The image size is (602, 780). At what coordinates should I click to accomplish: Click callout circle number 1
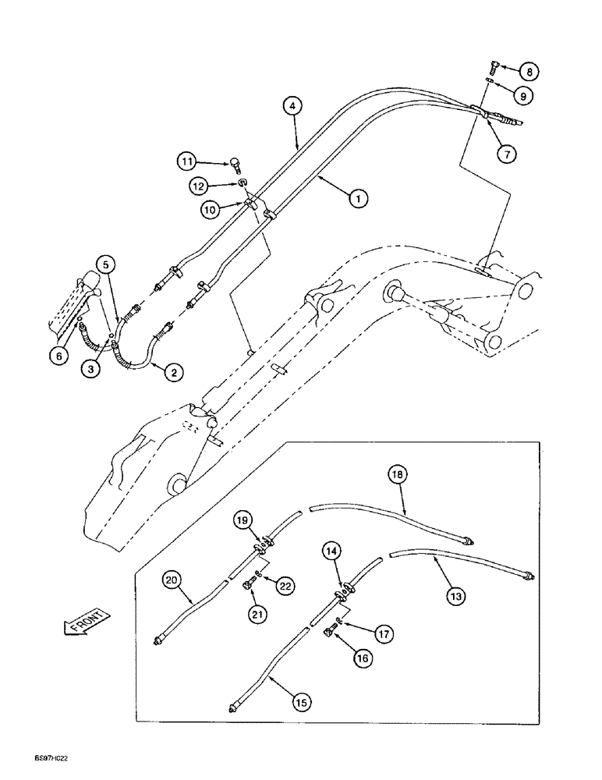(358, 200)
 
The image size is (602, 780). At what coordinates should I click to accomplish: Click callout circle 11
(186, 162)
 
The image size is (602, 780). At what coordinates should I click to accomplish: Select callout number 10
(210, 208)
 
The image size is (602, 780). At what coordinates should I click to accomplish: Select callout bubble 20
(172, 580)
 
